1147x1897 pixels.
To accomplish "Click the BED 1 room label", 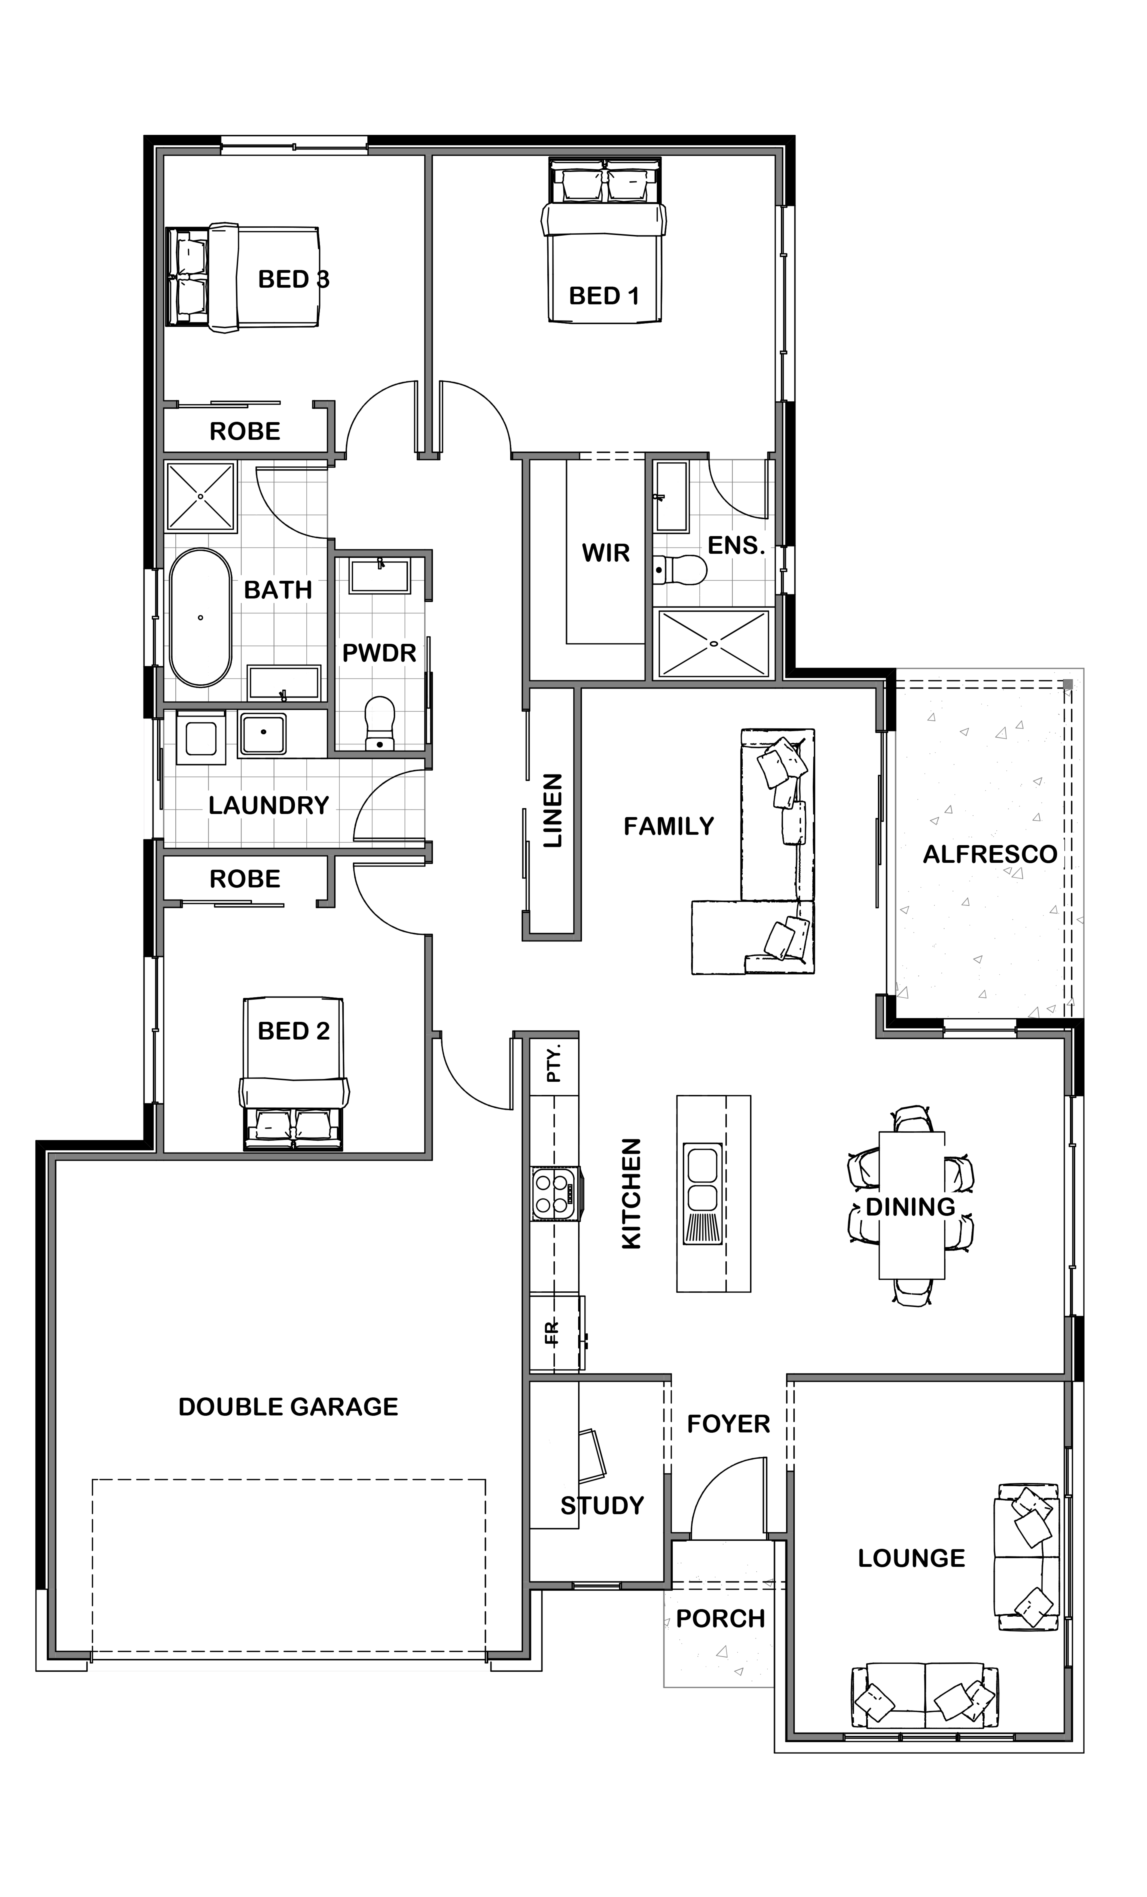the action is click(x=604, y=296).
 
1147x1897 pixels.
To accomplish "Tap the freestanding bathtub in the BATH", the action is click(x=200, y=617).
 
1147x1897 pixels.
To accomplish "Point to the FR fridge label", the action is click(x=552, y=1332).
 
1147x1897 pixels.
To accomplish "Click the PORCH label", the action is click(x=720, y=1619).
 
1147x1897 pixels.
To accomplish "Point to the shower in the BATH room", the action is click(x=200, y=497).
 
